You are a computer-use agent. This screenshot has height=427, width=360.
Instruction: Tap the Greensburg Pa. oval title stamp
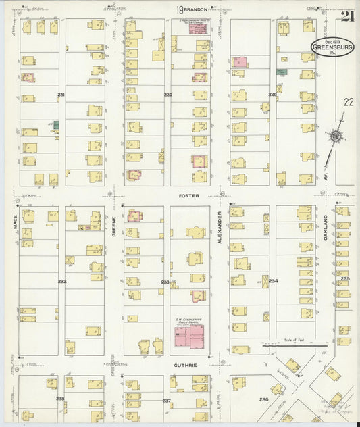coord(330,47)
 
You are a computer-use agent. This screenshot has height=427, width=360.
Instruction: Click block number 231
coord(61,95)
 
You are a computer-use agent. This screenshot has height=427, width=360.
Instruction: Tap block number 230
coord(168,95)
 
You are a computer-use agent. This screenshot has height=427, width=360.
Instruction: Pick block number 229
coord(272,95)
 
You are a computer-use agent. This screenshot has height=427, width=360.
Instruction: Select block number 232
coord(62,281)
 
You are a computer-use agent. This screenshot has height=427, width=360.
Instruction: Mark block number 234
coord(273,280)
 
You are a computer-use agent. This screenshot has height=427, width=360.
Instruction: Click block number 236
coord(263,400)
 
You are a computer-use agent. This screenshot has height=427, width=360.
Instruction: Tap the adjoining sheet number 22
coord(348,102)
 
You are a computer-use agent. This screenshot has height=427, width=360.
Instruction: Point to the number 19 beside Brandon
coord(180,10)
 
